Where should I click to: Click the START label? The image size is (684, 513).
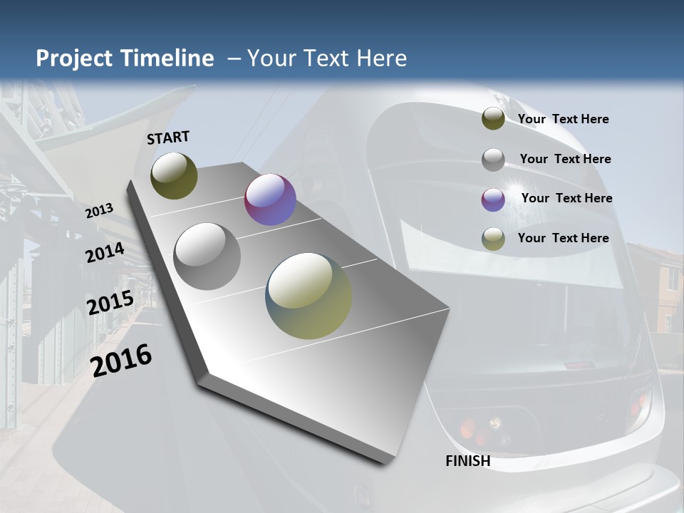(x=168, y=138)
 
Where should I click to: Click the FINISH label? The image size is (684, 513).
(x=468, y=461)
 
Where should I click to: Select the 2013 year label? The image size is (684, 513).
(x=100, y=211)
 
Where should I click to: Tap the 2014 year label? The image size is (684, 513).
(x=105, y=253)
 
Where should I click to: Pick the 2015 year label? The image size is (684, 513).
(x=110, y=303)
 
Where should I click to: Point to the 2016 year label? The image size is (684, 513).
(x=121, y=360)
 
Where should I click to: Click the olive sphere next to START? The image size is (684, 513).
(x=174, y=175)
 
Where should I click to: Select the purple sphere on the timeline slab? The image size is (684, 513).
(x=270, y=199)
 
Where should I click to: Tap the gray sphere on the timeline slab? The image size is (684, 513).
(x=207, y=256)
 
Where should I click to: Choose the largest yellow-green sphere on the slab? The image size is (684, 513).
(x=309, y=296)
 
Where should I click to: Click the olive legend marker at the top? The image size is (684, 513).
(x=493, y=119)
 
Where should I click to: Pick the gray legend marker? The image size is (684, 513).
(x=493, y=160)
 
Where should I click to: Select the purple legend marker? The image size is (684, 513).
(x=493, y=199)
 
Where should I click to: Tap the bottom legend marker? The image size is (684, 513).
(x=493, y=239)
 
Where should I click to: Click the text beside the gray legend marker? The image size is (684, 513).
(x=565, y=159)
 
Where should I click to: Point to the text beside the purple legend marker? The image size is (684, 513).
(x=566, y=198)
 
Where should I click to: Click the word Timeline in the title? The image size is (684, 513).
(x=168, y=58)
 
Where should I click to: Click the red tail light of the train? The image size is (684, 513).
(x=468, y=429)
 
